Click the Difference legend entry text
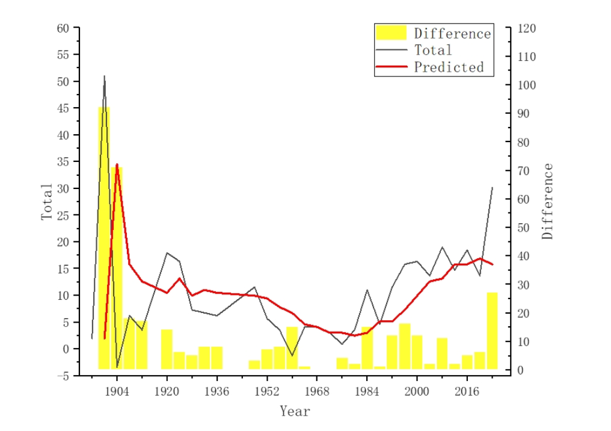coord(452,34)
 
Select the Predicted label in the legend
coord(449,67)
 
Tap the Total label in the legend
coord(433,50)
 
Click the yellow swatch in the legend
coord(391,33)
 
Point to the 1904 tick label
coord(117,392)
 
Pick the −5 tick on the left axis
coord(63,376)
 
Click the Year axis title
coord(295,412)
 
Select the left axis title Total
coord(47,202)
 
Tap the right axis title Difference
coord(547,202)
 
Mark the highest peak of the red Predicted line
coord(117,164)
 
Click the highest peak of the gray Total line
coord(104,76)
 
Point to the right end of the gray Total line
coord(493,187)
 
